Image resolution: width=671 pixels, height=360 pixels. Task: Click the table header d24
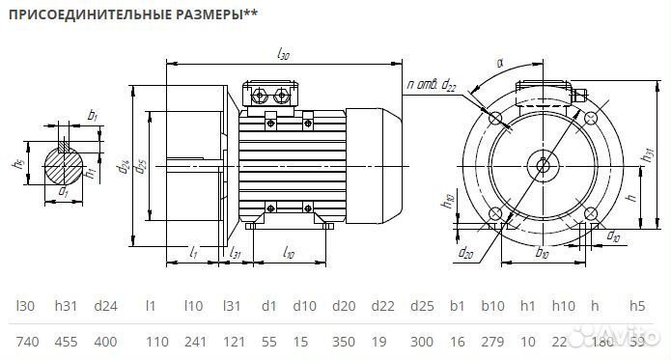coord(106,306)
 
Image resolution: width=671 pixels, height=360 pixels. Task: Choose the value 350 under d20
coord(343,343)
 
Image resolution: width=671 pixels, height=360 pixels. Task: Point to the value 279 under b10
coord(492,343)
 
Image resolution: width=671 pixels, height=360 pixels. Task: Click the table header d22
coord(383,306)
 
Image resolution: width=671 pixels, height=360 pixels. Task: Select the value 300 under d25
coord(422,343)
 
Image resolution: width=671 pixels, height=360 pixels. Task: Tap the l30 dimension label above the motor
coord(283,56)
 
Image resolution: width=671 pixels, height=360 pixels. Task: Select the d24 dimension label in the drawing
coord(125,166)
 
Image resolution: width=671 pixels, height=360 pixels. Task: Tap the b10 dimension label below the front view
coord(542,255)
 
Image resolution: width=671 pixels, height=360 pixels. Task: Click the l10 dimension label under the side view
coord(290,252)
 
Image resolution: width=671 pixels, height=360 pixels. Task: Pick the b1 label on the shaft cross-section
coord(93,116)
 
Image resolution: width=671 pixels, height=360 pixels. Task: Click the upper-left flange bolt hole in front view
coord(495,118)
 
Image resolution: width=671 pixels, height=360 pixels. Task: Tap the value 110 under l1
coord(154,343)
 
